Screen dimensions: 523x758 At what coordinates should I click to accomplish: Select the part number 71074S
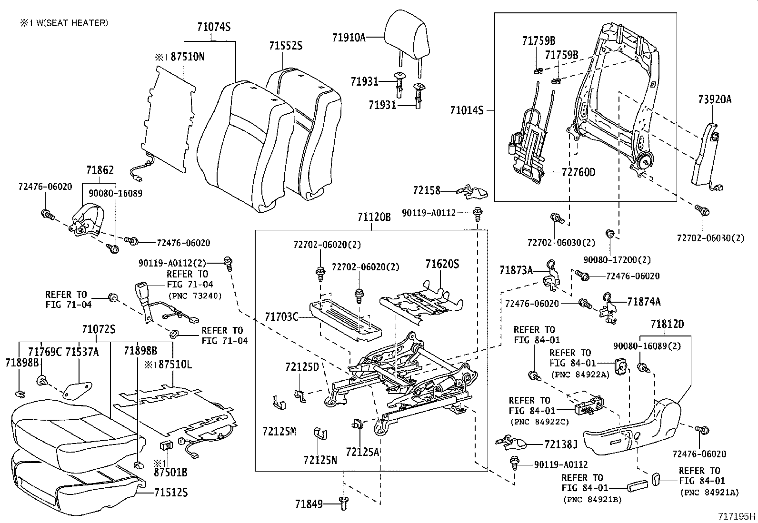(x=214, y=27)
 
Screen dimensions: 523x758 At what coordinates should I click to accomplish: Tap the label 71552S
(x=285, y=46)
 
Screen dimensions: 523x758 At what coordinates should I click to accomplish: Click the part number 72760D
(x=578, y=172)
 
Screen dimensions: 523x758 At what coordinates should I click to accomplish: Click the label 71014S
(x=467, y=111)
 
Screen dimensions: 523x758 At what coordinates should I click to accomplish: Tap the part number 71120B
(x=374, y=217)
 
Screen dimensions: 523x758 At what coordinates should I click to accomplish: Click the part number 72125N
(x=320, y=460)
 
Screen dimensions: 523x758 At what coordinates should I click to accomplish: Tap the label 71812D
(x=667, y=325)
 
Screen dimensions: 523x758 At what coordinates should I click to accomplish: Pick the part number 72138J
(x=561, y=444)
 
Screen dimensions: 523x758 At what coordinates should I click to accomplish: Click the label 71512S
(x=171, y=492)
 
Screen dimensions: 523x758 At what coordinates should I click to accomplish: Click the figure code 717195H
(x=737, y=516)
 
